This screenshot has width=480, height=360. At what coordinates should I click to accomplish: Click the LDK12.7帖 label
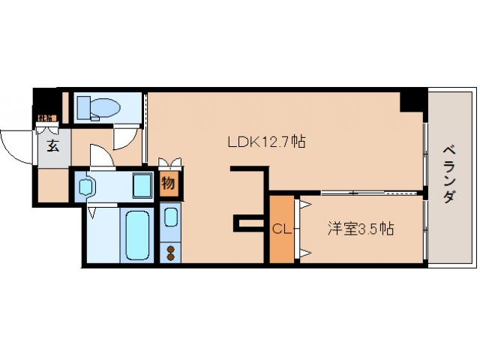(x=265, y=141)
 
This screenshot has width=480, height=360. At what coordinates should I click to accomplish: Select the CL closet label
(x=281, y=229)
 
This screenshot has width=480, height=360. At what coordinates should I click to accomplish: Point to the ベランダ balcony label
(x=449, y=172)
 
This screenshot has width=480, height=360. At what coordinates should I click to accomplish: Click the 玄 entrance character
(x=53, y=146)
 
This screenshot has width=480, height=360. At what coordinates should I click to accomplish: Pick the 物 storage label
(x=169, y=183)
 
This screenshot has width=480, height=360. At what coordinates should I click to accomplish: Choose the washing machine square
(x=142, y=184)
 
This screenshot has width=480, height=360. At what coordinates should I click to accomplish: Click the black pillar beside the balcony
(x=412, y=100)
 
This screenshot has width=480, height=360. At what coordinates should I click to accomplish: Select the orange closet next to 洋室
(x=281, y=229)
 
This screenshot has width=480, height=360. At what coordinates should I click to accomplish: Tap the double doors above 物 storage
(x=169, y=163)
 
